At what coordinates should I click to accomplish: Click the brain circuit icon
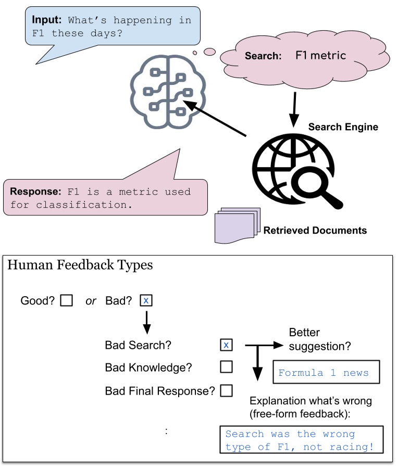(x=168, y=92)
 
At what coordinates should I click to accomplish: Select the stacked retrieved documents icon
(x=237, y=225)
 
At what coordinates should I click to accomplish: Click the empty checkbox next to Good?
(x=67, y=300)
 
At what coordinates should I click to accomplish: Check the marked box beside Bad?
(x=146, y=300)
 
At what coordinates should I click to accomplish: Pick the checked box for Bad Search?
(x=226, y=345)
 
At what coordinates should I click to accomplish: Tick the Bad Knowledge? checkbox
(x=226, y=367)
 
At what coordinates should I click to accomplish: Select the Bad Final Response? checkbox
(x=226, y=391)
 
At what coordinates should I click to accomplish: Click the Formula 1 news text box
(x=326, y=372)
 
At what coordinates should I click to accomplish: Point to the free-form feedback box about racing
(x=302, y=439)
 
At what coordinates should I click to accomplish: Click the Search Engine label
(x=343, y=127)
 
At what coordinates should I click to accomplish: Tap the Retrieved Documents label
(x=315, y=231)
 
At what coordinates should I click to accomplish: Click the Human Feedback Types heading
(x=80, y=265)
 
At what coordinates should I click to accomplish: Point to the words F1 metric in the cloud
(x=320, y=55)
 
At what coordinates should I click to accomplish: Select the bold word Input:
(x=46, y=20)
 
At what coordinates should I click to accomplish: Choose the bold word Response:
(x=35, y=192)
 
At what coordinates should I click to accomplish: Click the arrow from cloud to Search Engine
(x=294, y=110)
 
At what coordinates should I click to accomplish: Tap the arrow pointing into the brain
(x=215, y=118)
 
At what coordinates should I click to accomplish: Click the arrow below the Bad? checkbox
(x=146, y=323)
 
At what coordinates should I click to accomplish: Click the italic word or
(x=91, y=301)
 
